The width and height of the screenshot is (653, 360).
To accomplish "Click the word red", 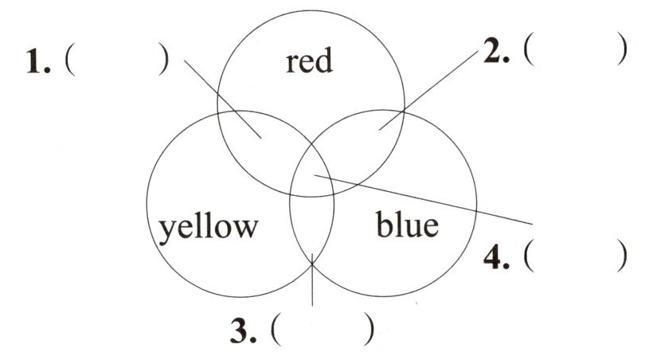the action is coord(309,61).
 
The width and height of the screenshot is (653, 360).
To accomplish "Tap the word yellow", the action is coord(208,226).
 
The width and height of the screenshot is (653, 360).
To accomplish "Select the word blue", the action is coord(406,225).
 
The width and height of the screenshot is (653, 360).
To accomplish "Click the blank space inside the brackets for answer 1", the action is coord(115,62).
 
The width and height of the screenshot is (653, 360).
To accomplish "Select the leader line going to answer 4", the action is coord(430,199).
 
